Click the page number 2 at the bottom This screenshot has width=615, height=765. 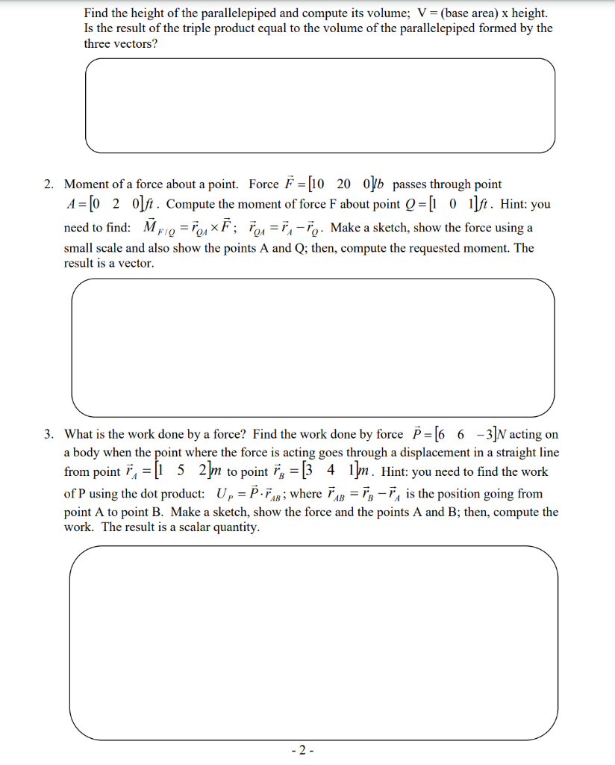coord(307,749)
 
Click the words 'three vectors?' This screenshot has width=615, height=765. coord(116,43)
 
